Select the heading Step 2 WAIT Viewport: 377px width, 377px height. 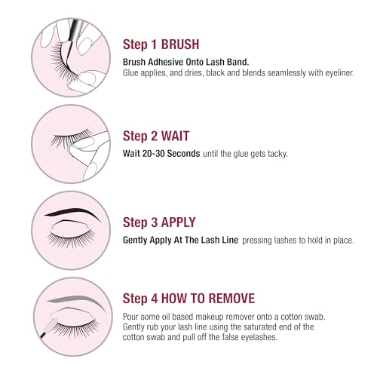point(155,136)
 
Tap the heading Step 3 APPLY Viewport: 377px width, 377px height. point(159,222)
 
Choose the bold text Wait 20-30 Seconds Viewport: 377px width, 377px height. point(160,153)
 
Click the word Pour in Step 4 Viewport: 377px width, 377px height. point(131,317)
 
